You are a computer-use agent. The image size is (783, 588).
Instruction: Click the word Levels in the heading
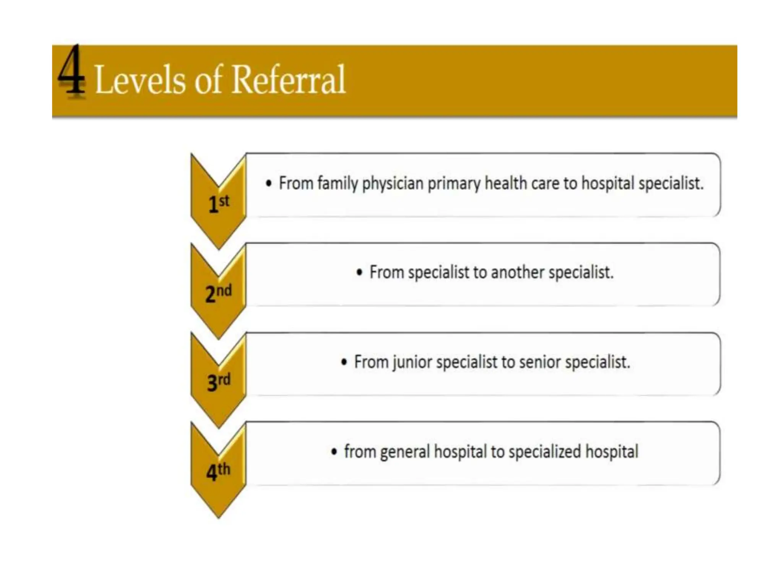pyautogui.click(x=140, y=80)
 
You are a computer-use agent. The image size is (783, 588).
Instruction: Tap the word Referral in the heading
pyautogui.click(x=289, y=80)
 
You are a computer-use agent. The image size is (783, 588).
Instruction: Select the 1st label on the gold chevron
pyautogui.click(x=219, y=203)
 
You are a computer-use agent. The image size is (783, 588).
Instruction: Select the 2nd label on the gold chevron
pyautogui.click(x=218, y=292)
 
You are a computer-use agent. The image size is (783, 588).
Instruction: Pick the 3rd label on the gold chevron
pyautogui.click(x=218, y=382)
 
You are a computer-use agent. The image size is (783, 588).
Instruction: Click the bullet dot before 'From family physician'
pyautogui.click(x=269, y=183)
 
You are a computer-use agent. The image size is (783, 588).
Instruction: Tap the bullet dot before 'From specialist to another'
pyautogui.click(x=359, y=273)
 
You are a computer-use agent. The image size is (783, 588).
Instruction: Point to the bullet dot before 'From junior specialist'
pyautogui.click(x=344, y=362)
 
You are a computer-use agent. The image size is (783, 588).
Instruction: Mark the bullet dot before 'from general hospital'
pyautogui.click(x=334, y=452)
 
